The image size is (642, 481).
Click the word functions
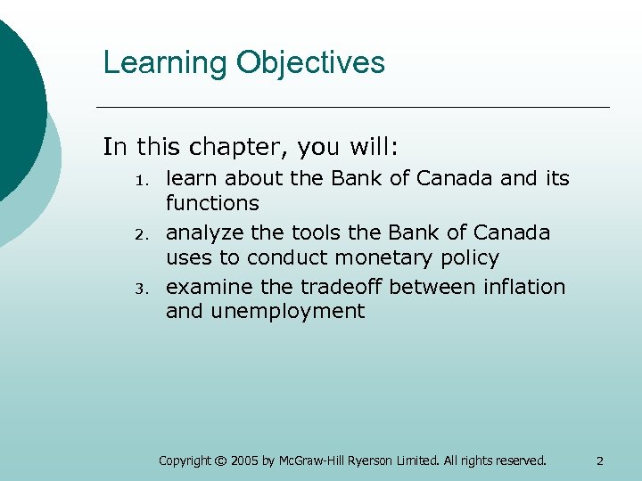[212, 203]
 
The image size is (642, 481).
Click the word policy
[468, 258]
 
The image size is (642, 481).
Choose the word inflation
[520, 287]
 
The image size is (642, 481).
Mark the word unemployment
[285, 311]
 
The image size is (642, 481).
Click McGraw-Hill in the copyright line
[307, 461]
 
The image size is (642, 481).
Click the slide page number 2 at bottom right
[599, 461]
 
